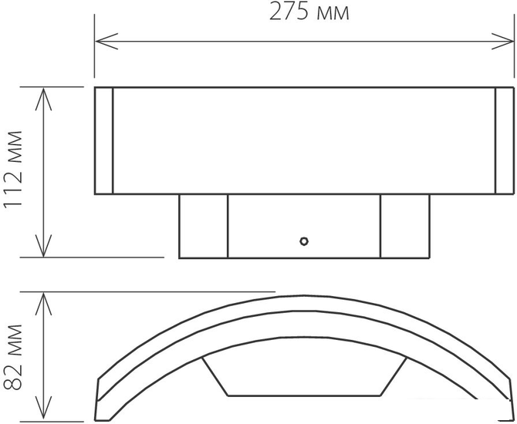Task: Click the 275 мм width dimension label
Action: [x=309, y=12]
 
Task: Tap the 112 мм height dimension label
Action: [x=13, y=169]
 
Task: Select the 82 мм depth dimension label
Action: [x=13, y=357]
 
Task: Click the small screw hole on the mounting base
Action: [x=304, y=241]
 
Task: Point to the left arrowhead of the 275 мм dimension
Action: [x=106, y=42]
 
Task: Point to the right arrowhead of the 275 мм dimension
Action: [x=502, y=42]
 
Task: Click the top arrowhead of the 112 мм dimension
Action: [x=43, y=99]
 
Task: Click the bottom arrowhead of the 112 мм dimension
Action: [x=43, y=245]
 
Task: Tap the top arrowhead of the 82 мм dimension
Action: [x=43, y=304]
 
